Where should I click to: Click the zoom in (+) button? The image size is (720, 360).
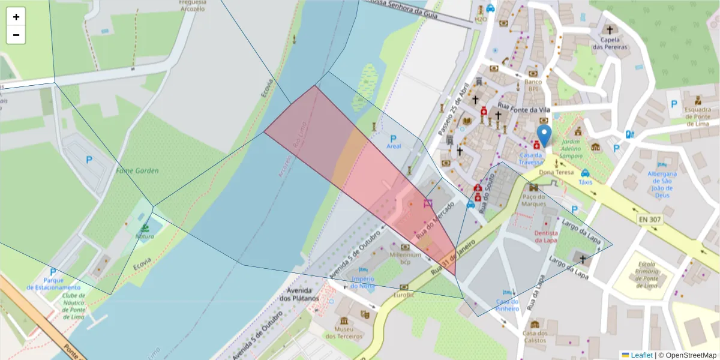[x=16, y=17]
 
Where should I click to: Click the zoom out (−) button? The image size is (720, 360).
[x=16, y=35]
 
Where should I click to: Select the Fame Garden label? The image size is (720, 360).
[x=138, y=170]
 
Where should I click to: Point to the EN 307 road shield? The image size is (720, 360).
[x=650, y=220]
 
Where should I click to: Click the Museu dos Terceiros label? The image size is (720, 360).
[x=344, y=332]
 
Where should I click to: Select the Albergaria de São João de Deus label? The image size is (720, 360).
[x=662, y=184]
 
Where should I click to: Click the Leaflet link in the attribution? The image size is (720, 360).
[x=641, y=355]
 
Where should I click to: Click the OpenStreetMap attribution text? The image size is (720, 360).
[x=688, y=355]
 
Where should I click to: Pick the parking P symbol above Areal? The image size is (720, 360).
[x=394, y=138]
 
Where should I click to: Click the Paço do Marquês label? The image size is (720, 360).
[x=533, y=200]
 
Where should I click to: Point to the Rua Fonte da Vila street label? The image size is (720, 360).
[x=524, y=108]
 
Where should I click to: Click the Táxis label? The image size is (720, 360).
[x=585, y=182]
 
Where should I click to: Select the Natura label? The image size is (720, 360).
[x=145, y=236]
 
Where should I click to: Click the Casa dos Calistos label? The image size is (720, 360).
[x=535, y=337]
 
